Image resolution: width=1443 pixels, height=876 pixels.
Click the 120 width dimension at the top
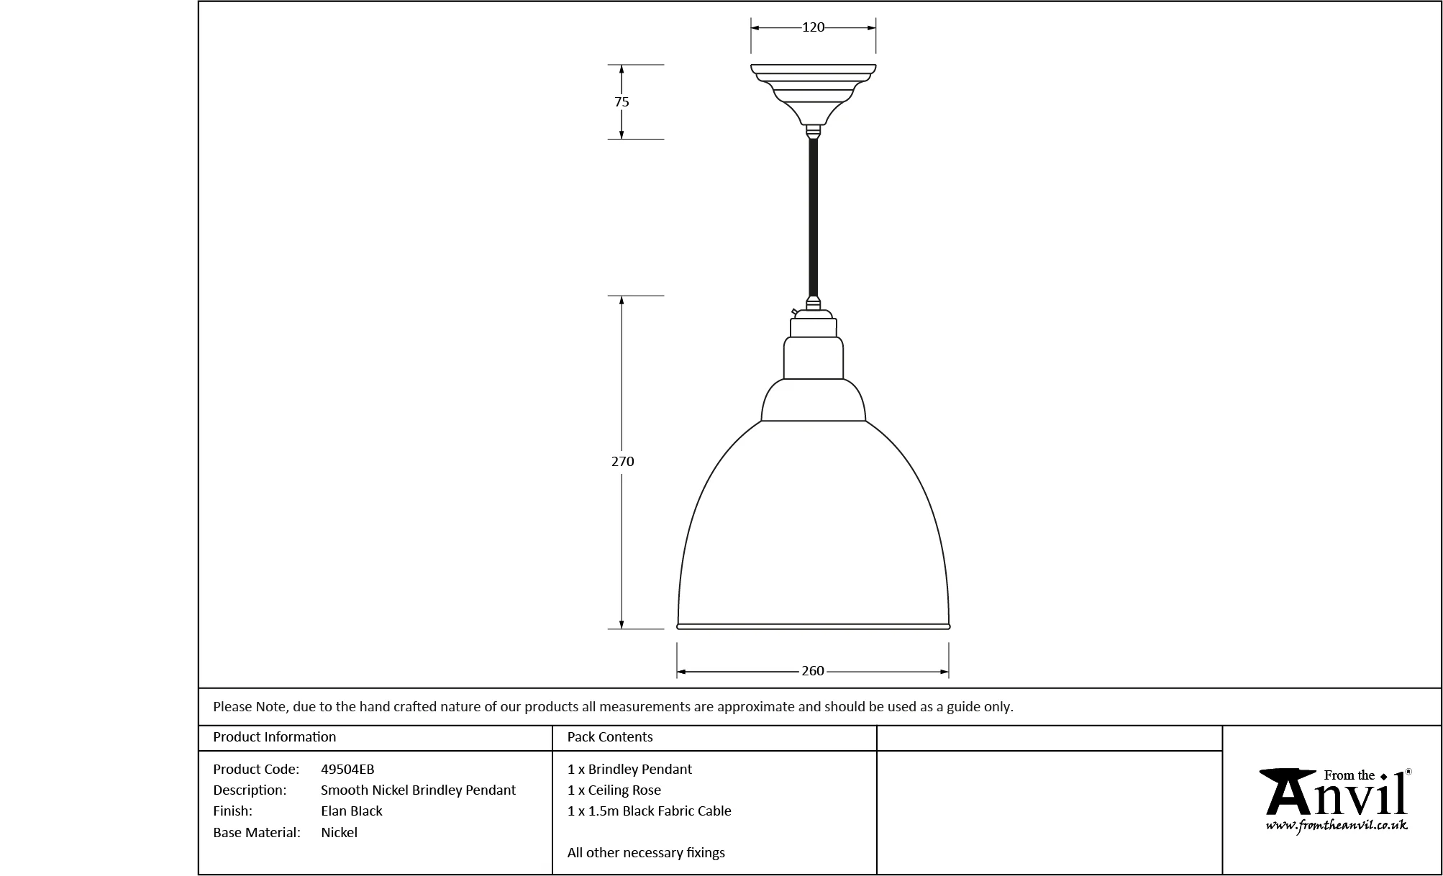[x=813, y=27]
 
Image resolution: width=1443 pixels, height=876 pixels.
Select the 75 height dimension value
[x=622, y=102]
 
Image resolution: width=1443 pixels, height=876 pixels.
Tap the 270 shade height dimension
[x=623, y=462]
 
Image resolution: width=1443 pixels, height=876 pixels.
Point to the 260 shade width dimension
[x=813, y=671]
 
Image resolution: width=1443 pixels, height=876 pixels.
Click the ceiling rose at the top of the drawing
[x=813, y=93]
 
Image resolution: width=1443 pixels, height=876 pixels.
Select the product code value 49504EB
[x=347, y=770]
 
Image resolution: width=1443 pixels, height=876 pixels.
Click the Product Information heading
[x=275, y=737]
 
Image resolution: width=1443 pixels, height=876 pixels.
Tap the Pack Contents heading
[x=610, y=737]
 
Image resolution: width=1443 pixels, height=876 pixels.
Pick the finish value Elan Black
[x=352, y=811]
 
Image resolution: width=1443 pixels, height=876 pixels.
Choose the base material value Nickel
[x=339, y=833]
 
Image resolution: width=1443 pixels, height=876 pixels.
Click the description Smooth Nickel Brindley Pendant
[x=418, y=790]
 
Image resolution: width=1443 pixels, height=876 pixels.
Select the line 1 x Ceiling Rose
[x=614, y=790]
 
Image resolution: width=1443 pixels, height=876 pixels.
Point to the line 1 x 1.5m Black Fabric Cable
[x=650, y=811]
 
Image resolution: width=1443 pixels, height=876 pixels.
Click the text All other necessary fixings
[x=646, y=853]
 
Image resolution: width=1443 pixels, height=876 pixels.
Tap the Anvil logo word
[x=1334, y=795]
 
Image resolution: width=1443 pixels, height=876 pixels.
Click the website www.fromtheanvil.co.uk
[x=1337, y=826]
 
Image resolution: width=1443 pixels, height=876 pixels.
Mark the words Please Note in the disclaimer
[x=251, y=707]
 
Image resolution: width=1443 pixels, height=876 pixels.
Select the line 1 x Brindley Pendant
[x=629, y=770]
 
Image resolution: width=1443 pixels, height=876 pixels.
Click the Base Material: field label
[x=256, y=833]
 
